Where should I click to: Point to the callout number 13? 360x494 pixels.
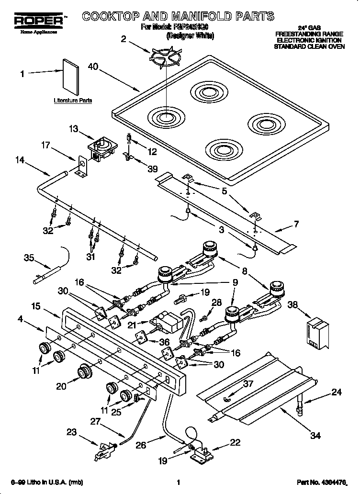73,128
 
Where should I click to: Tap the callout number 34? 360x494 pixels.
315,436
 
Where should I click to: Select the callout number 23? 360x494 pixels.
71,433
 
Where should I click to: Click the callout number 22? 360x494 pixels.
235,443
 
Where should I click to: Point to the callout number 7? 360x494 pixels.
295,224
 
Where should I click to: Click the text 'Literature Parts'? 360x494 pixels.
73,101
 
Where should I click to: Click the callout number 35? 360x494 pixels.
29,258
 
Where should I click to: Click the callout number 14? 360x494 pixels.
20,161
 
